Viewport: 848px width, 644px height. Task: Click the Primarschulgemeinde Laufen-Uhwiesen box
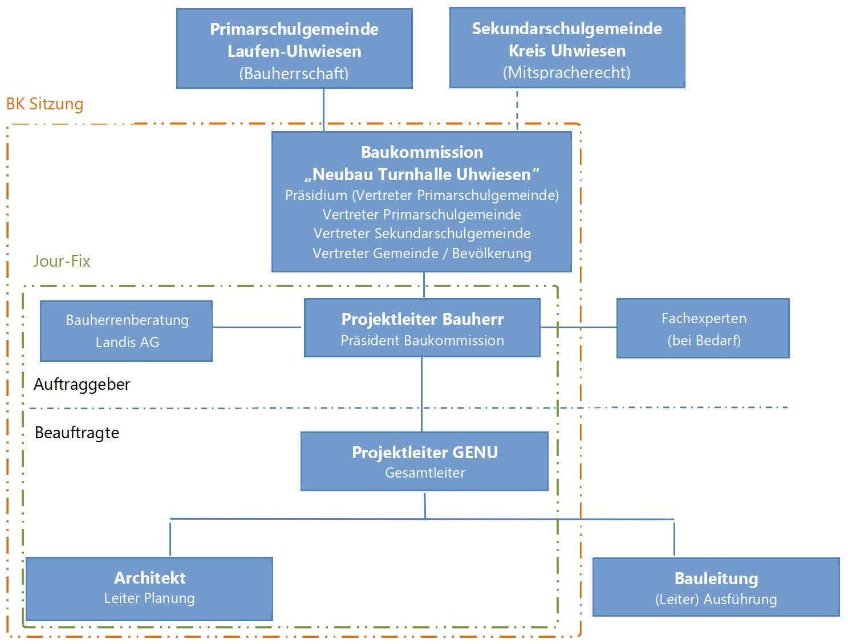(294, 48)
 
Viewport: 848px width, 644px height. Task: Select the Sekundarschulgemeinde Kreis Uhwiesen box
(567, 47)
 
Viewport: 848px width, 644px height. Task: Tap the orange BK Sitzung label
(45, 104)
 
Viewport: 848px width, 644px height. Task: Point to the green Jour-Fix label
(62, 261)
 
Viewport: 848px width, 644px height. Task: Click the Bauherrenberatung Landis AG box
(127, 331)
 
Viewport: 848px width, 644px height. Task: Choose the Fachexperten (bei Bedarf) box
(703, 328)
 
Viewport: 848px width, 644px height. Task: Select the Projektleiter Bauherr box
(422, 327)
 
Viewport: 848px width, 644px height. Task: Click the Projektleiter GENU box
(425, 461)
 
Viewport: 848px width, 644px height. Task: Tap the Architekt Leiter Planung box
(149, 589)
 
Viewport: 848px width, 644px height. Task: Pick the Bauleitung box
(716, 587)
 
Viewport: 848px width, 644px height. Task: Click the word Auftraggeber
(82, 384)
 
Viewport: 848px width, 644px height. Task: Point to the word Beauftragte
(77, 433)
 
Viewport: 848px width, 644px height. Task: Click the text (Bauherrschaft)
(294, 74)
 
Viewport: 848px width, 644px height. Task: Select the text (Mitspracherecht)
(567, 72)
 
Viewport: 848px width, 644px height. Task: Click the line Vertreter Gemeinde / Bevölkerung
(422, 253)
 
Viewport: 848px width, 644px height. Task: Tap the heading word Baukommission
(422, 152)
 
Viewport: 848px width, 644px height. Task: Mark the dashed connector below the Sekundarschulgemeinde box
(517, 110)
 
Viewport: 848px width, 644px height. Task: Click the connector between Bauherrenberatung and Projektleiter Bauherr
(257, 327)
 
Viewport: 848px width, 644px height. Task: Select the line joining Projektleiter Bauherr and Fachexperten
(578, 327)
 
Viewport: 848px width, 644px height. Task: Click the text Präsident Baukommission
(422, 341)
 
